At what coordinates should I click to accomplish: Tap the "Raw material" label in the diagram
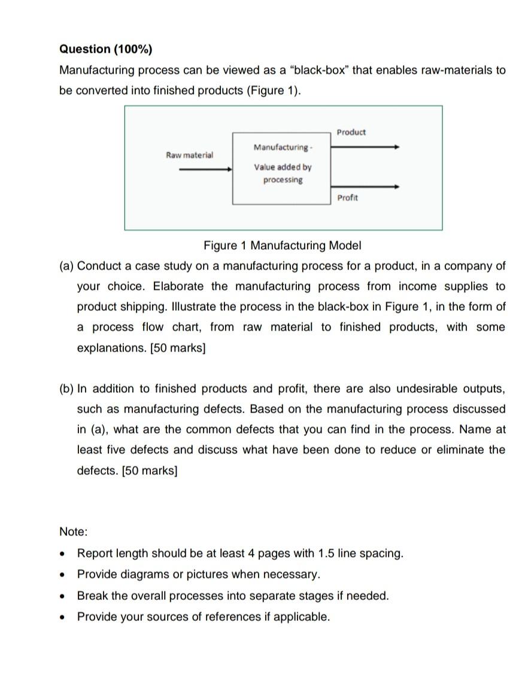tap(189, 155)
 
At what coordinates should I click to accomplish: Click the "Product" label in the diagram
tap(351, 132)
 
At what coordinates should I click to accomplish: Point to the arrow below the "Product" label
tap(365, 147)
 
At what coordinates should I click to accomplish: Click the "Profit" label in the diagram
tap(347, 198)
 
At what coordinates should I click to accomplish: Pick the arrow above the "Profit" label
tap(365, 187)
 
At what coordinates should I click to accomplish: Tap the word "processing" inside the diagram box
tap(283, 180)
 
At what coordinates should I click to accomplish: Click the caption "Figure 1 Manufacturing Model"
tap(283, 245)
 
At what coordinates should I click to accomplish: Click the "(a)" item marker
tap(66, 266)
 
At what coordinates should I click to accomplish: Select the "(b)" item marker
tap(66, 389)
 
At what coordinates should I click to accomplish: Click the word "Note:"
tap(73, 532)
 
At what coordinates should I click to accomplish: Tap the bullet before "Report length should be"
tap(63, 553)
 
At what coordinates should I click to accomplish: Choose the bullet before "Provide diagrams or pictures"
tap(63, 575)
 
